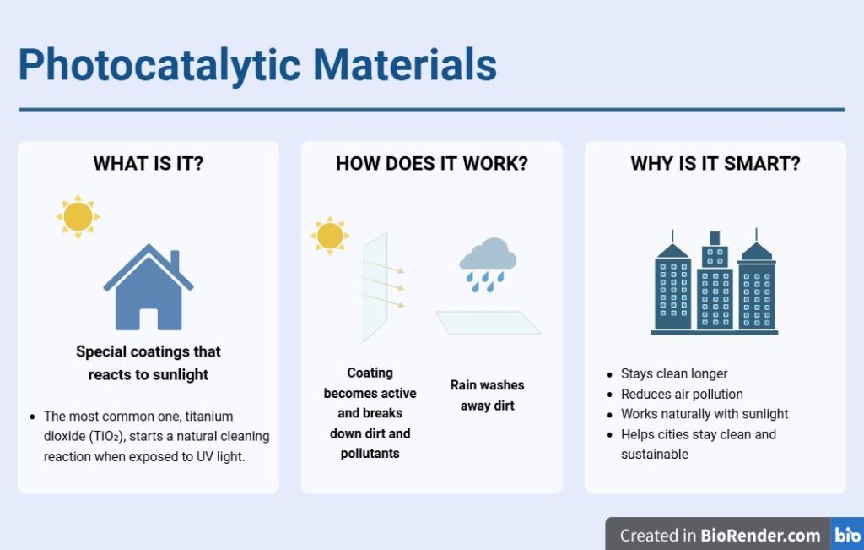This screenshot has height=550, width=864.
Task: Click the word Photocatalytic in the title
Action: (159, 66)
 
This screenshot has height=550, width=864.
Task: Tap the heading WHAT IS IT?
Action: (148, 164)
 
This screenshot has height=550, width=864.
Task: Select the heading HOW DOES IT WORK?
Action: (432, 164)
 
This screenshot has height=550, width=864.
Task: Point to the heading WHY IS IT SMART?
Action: (715, 164)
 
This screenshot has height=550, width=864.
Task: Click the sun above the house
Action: (78, 216)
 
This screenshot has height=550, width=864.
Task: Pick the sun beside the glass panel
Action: (330, 236)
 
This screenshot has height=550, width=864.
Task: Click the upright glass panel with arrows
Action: (375, 287)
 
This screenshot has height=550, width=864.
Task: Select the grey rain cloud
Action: (488, 254)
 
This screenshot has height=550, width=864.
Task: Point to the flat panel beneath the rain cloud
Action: (489, 323)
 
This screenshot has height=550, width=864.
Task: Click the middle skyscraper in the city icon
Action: (715, 281)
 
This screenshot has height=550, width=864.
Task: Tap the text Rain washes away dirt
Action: (487, 395)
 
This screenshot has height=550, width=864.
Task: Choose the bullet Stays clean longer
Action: (674, 373)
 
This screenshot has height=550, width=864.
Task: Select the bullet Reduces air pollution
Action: (682, 394)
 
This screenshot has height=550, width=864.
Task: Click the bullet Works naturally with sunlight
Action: (705, 414)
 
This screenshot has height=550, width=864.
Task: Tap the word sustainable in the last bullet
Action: (655, 454)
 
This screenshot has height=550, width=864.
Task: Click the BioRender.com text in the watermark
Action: (760, 536)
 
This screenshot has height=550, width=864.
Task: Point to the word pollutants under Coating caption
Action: (370, 454)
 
